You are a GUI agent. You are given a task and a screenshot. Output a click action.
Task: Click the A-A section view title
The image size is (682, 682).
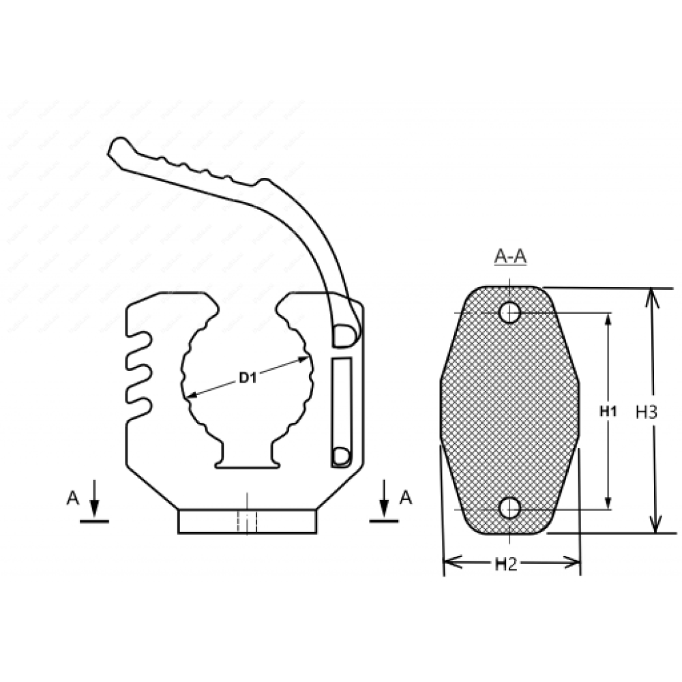coord(510,256)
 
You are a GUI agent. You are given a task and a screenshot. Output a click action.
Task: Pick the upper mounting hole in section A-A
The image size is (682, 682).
coord(509,312)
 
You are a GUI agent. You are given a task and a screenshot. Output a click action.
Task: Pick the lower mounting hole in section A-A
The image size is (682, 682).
coord(509,508)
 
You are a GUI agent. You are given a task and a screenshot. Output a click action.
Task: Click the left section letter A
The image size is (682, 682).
coord(72,499)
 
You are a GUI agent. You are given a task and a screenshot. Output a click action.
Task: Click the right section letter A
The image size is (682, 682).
coord(405,498)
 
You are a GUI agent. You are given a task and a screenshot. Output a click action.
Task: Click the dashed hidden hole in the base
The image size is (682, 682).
coord(247,522)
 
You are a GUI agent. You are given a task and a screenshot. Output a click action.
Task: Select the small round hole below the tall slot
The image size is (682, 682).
coord(340,455)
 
